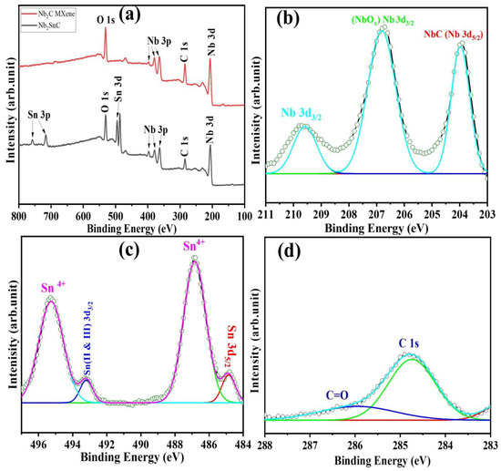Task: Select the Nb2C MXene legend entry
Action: click(61, 12)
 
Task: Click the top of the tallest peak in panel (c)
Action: click(194, 260)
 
